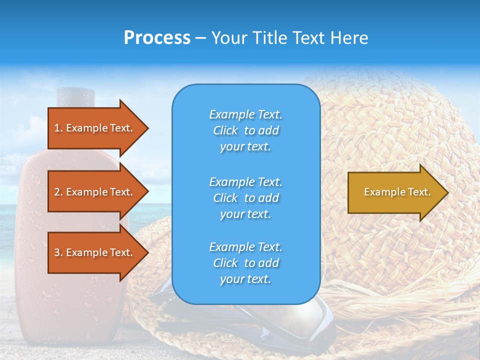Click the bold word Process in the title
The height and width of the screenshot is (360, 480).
[x=157, y=38]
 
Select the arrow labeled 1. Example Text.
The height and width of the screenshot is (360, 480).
[x=95, y=128]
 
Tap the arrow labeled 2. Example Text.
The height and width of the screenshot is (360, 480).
[x=95, y=192]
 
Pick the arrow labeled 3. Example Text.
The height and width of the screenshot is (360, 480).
[x=95, y=252]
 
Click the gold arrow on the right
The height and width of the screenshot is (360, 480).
[x=395, y=192]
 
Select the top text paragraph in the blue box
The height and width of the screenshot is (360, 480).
[x=245, y=130]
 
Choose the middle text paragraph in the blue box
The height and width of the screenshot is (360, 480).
[x=245, y=198]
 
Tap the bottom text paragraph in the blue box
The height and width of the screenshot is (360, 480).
[x=245, y=263]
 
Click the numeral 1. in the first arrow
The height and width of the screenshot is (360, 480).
[x=58, y=128]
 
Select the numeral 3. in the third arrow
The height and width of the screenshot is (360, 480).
[x=58, y=252]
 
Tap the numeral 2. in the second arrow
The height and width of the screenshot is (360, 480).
[x=58, y=192]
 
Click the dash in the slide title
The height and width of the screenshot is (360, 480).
[x=201, y=38]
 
